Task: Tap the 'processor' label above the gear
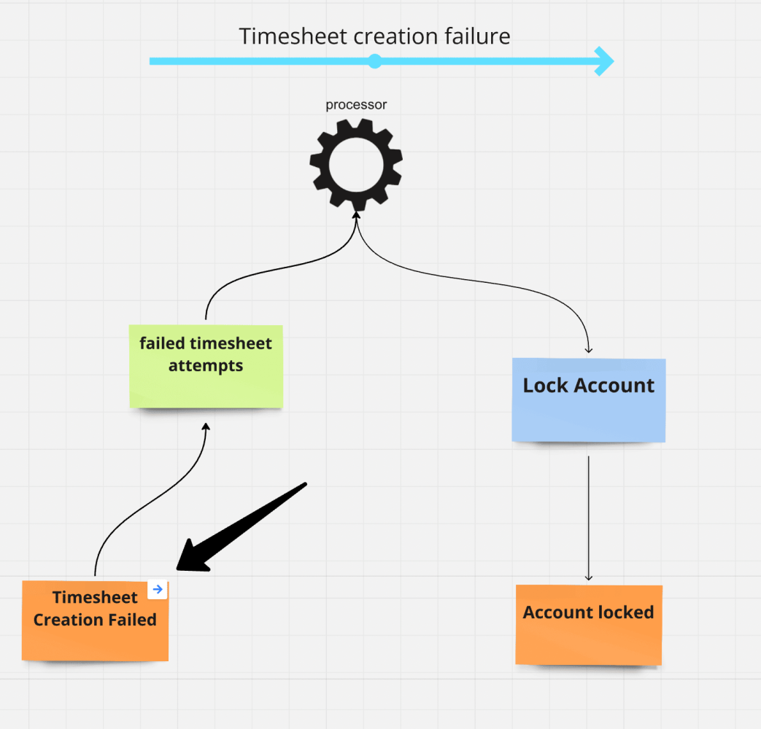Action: (356, 105)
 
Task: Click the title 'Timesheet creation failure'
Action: (374, 36)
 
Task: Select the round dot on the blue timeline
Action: (374, 61)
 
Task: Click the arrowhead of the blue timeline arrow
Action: (604, 61)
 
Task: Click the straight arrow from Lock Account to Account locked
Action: (588, 518)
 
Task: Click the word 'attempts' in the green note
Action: (206, 365)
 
